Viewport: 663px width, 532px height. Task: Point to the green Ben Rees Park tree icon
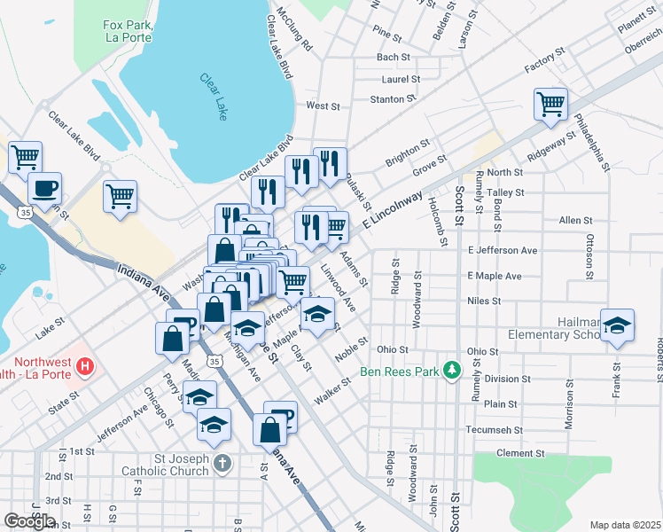[452, 367]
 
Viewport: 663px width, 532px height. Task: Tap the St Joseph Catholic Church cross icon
[222, 463]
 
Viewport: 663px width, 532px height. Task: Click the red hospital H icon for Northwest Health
[84, 365]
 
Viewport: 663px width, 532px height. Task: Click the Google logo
[29, 521]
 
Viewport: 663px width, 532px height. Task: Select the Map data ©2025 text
[625, 525]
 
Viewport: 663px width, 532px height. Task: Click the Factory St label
[544, 61]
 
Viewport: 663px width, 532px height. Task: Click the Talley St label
[506, 192]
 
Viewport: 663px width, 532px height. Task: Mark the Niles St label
[484, 301]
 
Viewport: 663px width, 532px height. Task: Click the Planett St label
[636, 22]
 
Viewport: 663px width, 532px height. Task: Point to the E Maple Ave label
[495, 276]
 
